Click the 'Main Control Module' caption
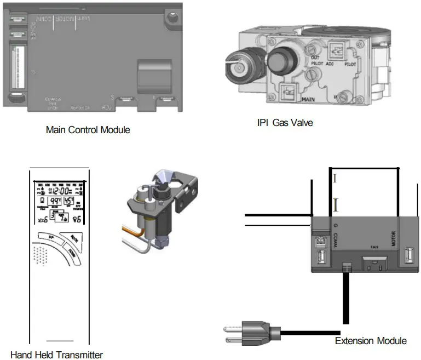click(88, 130)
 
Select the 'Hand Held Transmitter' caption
click(56, 355)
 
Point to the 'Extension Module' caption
click(371, 341)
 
